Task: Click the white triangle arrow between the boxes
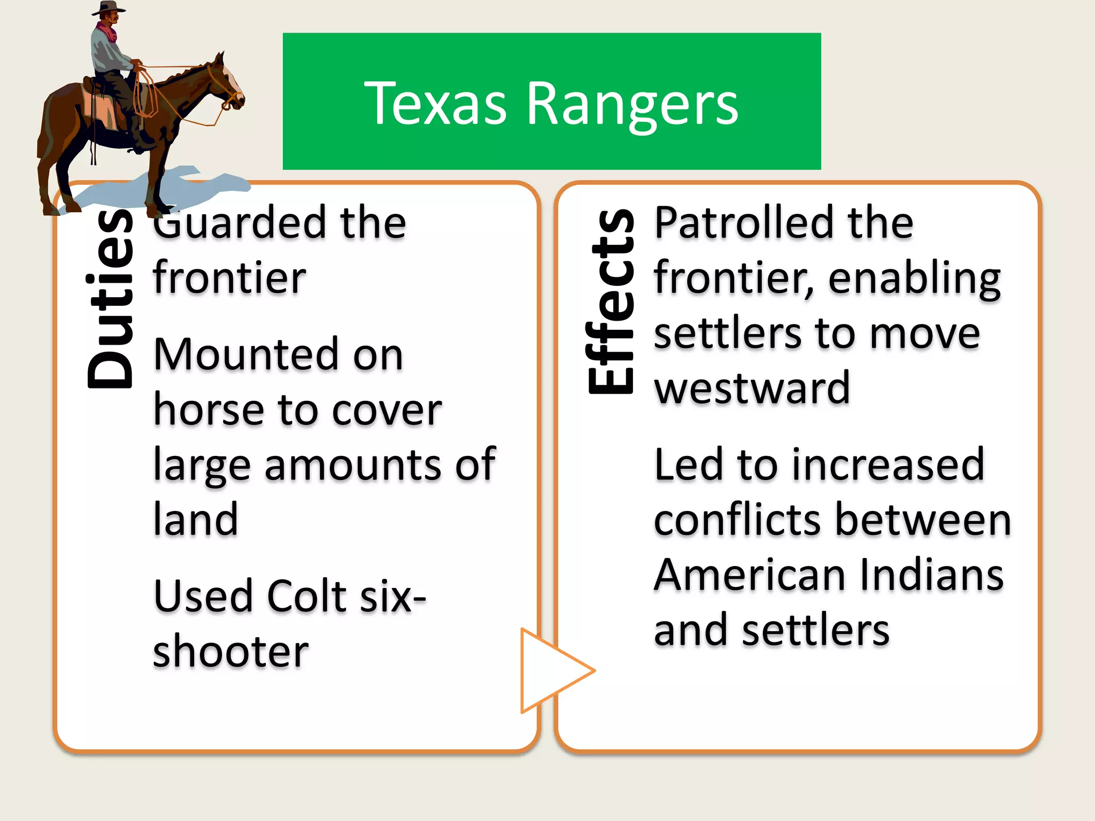tap(551, 670)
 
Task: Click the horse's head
tap(227, 83)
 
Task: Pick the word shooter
tap(230, 652)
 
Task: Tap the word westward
tap(752, 388)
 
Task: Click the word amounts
tap(352, 464)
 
